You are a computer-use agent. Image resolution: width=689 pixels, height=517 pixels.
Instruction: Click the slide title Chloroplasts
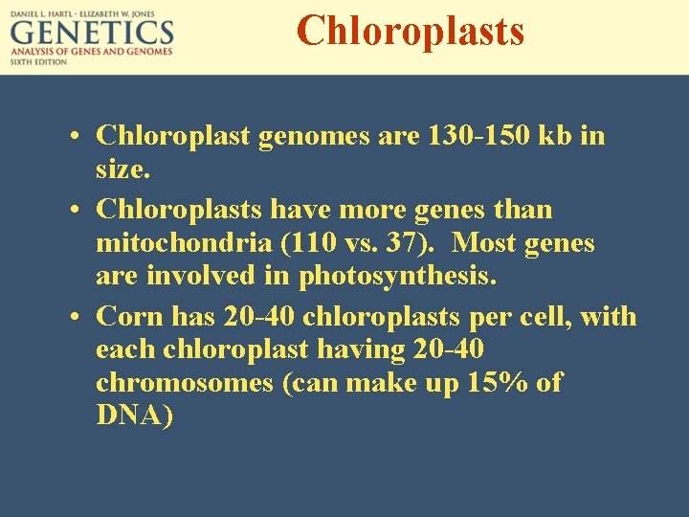click(411, 30)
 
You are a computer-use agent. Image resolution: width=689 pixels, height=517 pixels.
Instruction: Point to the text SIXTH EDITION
click(39, 62)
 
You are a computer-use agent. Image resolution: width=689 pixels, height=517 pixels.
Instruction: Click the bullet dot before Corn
click(75, 316)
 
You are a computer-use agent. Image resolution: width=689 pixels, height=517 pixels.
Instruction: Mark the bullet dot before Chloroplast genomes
click(75, 137)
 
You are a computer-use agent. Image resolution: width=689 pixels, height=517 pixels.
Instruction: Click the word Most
click(486, 243)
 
